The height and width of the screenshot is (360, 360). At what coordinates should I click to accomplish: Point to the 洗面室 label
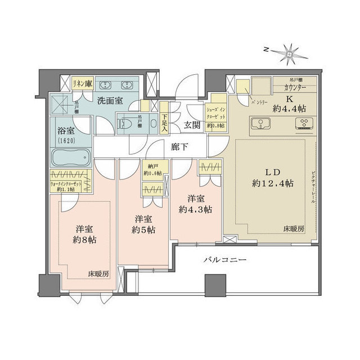pyautogui.click(x=105, y=102)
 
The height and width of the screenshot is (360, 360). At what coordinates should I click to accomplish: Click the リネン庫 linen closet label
pyautogui.click(x=82, y=83)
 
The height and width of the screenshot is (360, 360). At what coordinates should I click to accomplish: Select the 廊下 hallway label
pyautogui.click(x=180, y=147)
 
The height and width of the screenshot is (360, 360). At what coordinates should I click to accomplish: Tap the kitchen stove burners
pyautogui.click(x=306, y=124)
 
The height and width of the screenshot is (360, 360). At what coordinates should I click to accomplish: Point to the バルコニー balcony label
pyautogui.click(x=224, y=262)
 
